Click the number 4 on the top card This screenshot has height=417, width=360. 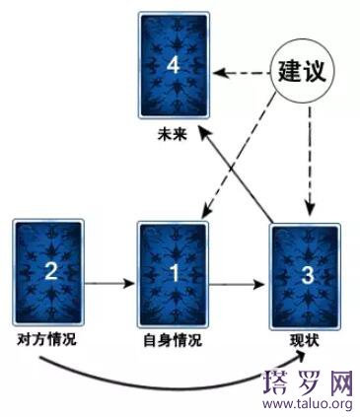click(x=174, y=65)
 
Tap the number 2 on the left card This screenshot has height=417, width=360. click(x=49, y=273)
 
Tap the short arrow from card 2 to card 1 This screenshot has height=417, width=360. click(x=108, y=284)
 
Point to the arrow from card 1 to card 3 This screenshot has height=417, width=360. click(x=238, y=285)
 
